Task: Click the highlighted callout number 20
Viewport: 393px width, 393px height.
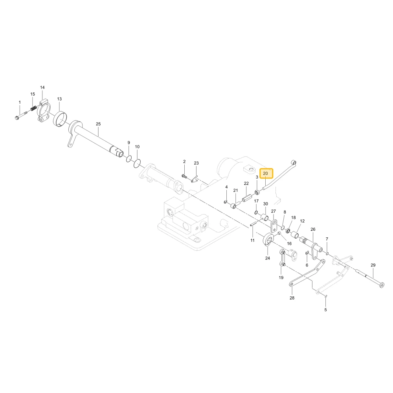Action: [x=265, y=173]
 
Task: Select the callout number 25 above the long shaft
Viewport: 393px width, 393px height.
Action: [x=98, y=124]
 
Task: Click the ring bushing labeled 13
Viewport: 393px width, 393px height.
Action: [x=60, y=119]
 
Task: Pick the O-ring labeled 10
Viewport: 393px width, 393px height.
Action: [x=137, y=163]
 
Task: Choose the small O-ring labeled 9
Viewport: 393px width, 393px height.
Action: [x=129, y=159]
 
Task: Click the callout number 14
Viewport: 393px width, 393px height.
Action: [x=42, y=87]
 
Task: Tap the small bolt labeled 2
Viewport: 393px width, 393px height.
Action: [x=184, y=176]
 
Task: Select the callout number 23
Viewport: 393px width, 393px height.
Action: [x=196, y=163]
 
